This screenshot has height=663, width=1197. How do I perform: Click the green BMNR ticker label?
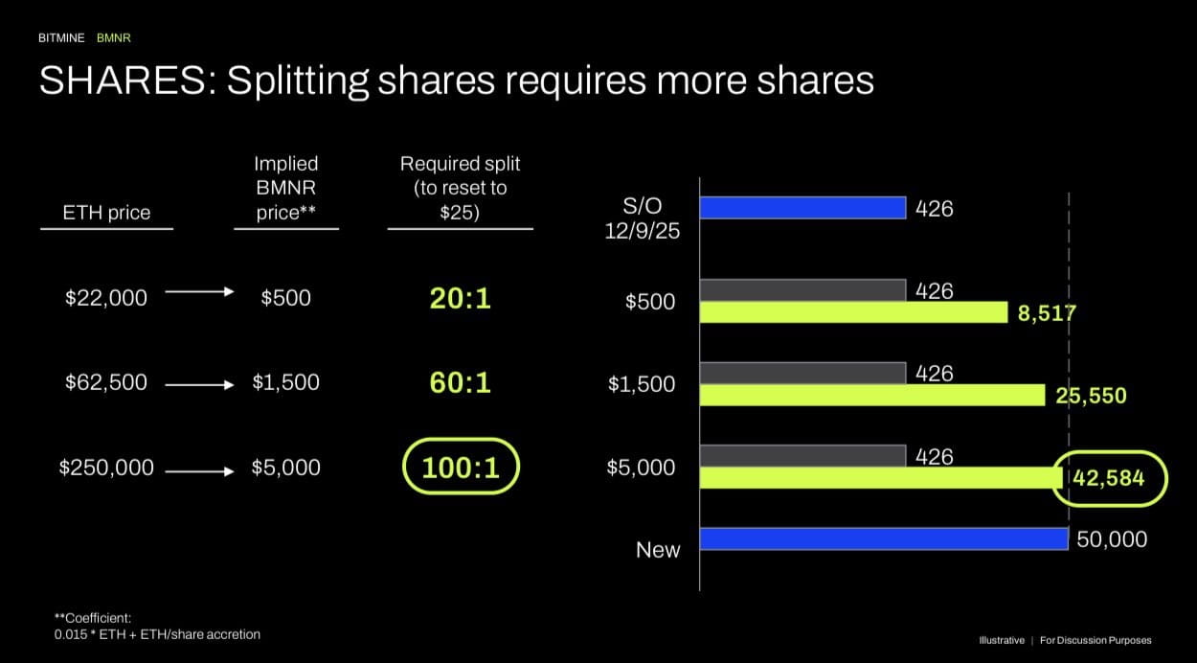(113, 38)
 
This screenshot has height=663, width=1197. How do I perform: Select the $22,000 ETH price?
(106, 298)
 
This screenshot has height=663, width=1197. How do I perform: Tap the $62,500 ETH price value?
(106, 382)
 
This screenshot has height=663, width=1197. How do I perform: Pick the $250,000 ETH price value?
(106, 468)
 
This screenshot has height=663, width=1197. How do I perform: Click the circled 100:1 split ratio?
(460, 468)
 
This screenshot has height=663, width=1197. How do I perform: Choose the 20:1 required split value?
(460, 298)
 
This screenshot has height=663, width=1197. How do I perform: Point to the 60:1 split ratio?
(460, 382)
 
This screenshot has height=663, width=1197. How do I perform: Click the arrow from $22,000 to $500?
(199, 292)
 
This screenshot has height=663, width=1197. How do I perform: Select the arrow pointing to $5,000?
(199, 470)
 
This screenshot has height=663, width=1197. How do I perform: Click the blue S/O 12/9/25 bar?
(802, 207)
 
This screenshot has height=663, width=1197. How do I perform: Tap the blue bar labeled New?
(883, 538)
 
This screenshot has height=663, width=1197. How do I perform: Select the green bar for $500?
(853, 312)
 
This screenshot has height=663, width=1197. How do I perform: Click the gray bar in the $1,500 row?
(802, 373)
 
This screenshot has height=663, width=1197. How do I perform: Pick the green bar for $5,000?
(876, 477)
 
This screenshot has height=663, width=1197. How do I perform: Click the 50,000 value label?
(1112, 539)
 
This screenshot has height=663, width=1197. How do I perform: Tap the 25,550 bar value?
(1091, 395)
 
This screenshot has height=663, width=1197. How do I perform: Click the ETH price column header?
(106, 213)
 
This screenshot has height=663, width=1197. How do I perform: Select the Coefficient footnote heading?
(93, 618)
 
